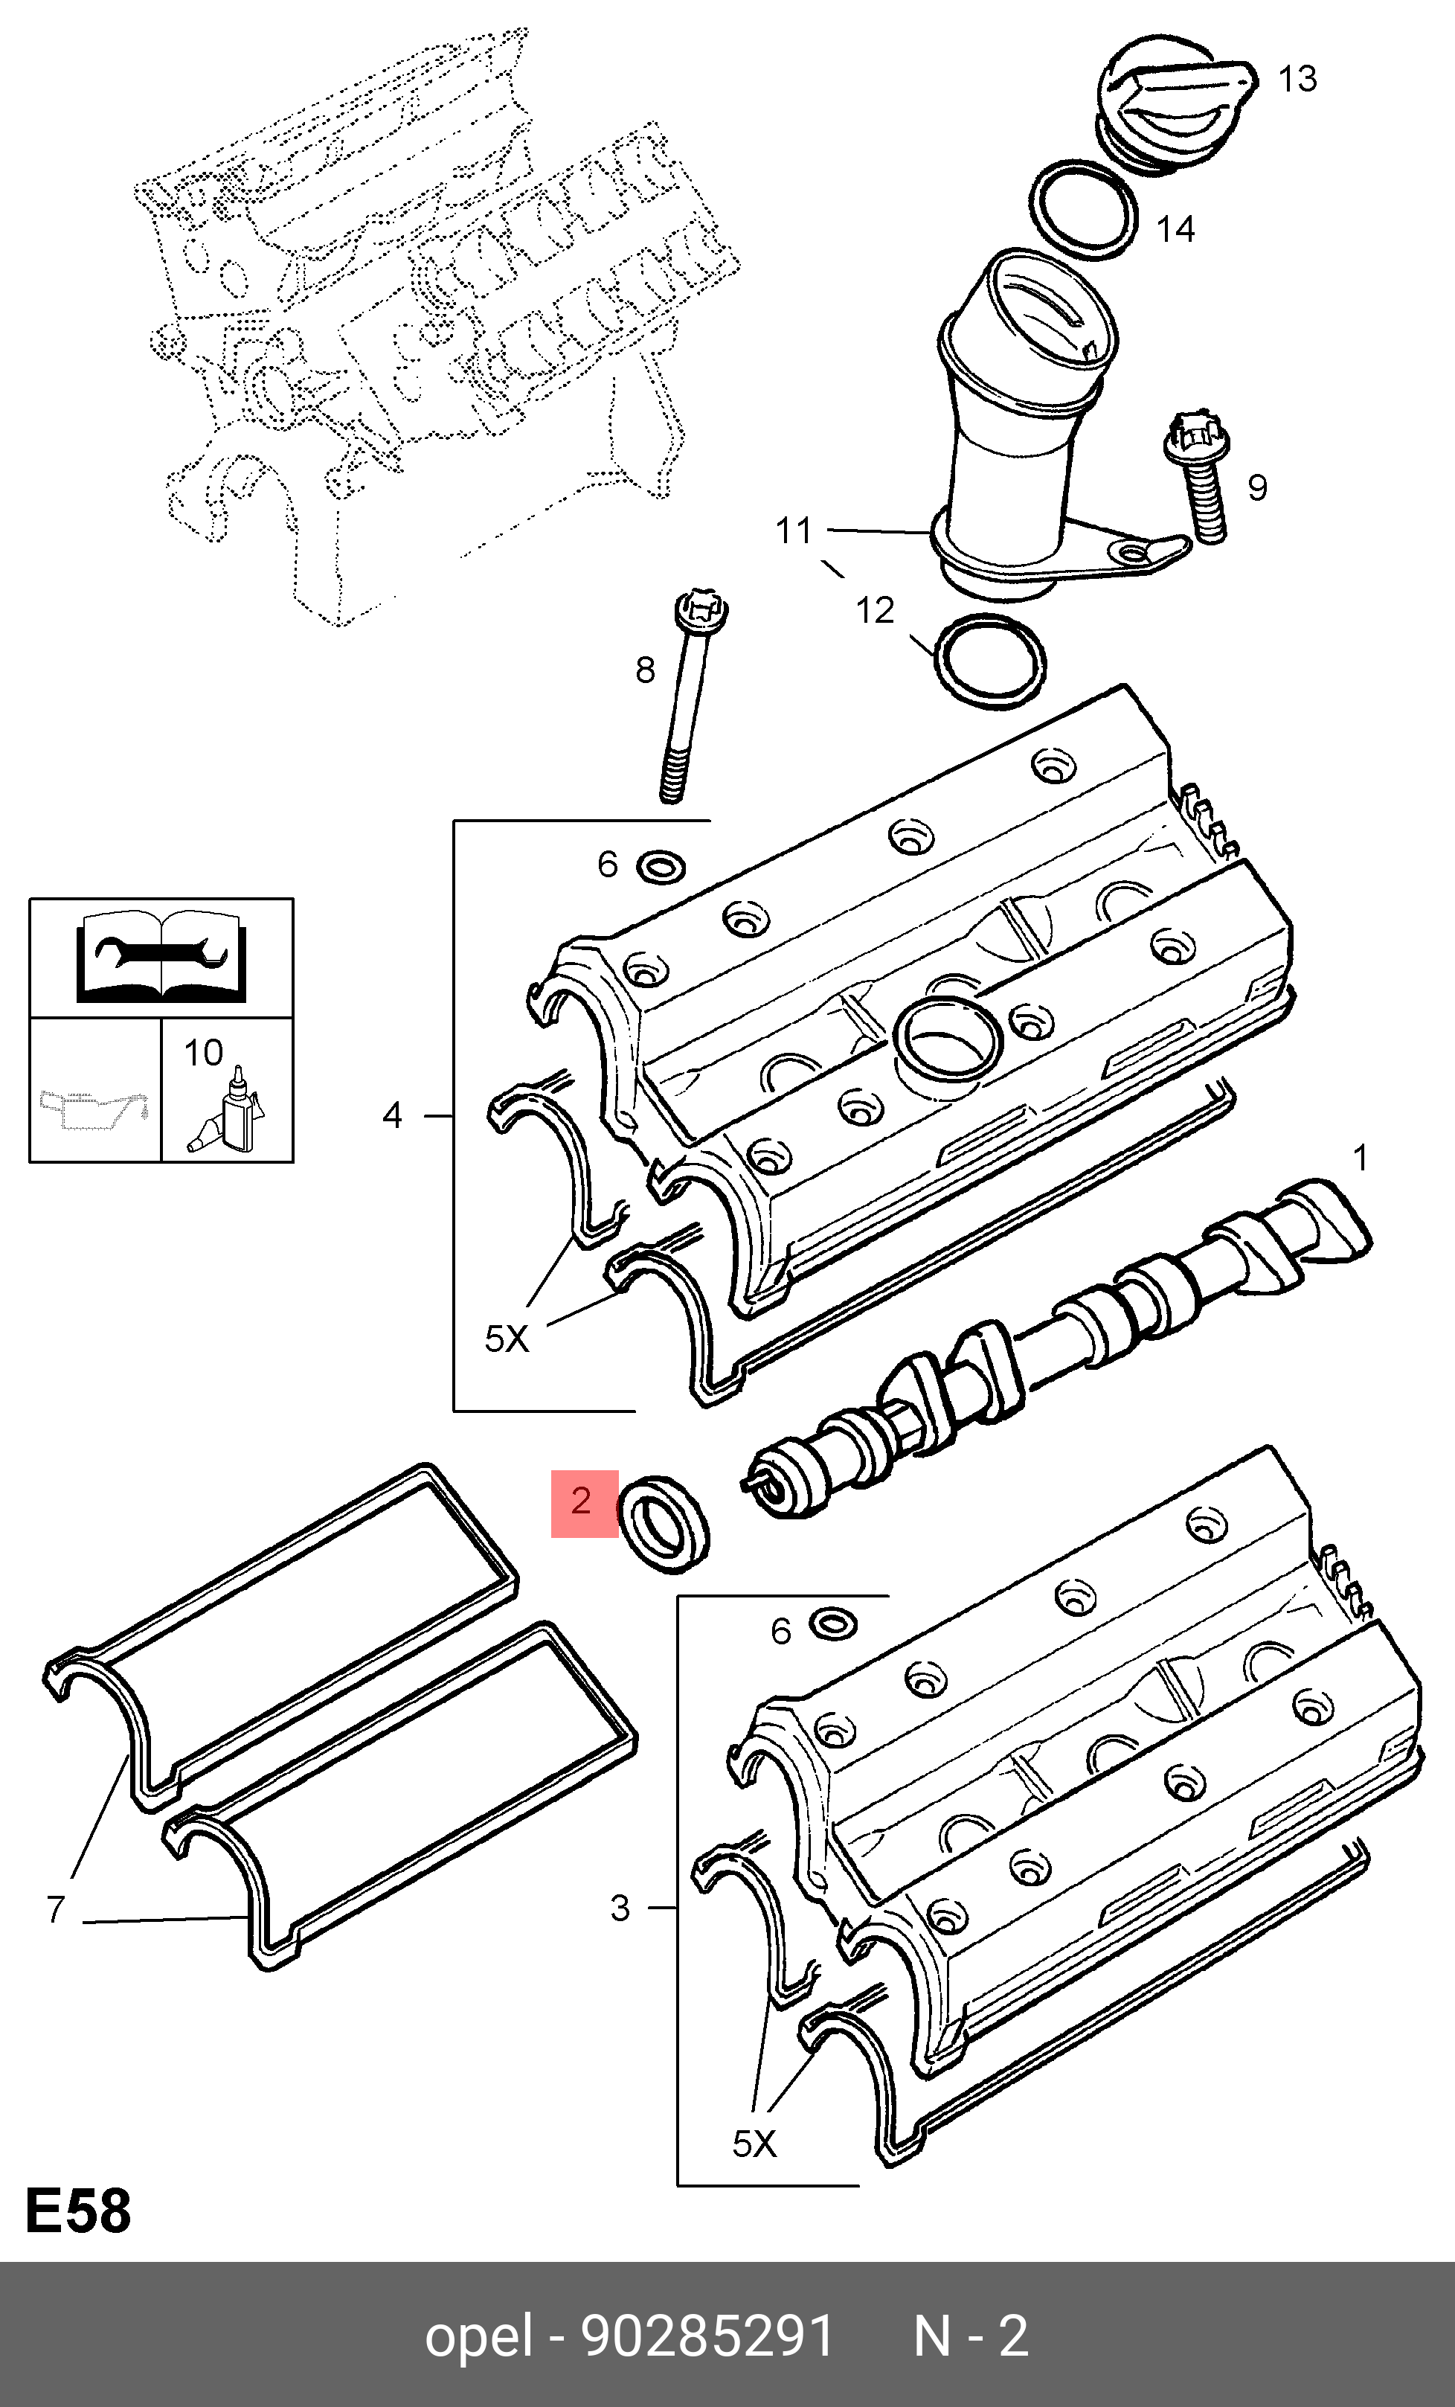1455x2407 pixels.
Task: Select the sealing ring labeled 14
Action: (1084, 211)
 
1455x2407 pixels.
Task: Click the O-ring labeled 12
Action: (990, 661)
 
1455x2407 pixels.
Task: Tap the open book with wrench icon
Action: (161, 958)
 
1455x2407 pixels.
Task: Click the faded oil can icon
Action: (94, 1109)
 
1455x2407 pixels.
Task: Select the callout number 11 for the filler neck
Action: (793, 531)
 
